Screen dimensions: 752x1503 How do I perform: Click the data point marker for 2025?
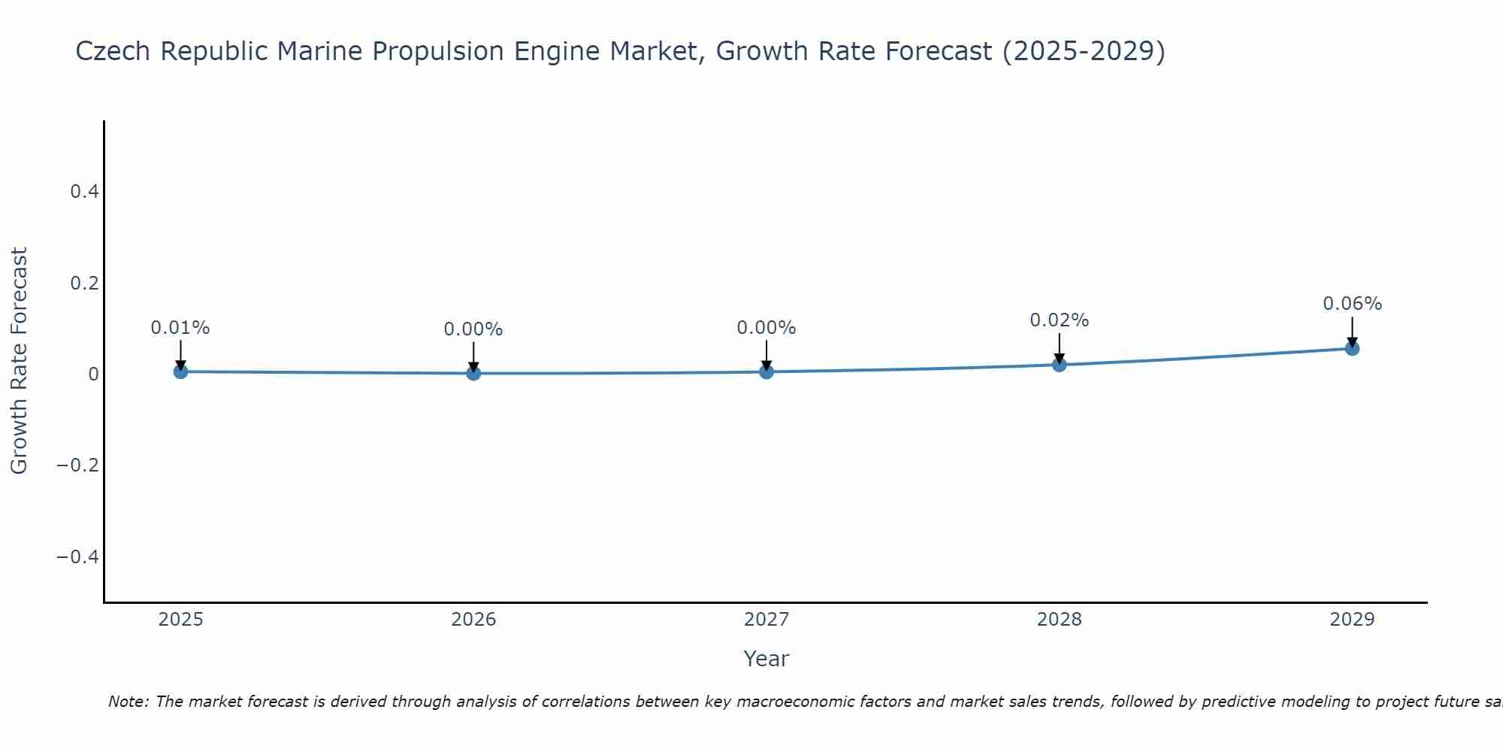point(180,371)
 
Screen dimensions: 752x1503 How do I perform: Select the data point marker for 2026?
point(473,373)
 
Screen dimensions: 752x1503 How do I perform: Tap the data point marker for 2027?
point(767,371)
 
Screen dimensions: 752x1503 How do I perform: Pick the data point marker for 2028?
point(1059,365)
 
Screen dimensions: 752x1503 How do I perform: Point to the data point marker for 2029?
point(1352,348)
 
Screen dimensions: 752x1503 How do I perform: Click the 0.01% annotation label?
point(180,328)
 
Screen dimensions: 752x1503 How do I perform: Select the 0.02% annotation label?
point(1059,320)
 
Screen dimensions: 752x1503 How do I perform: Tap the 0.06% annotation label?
point(1352,304)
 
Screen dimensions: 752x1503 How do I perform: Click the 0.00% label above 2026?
point(473,329)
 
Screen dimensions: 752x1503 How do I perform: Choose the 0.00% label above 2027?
point(767,328)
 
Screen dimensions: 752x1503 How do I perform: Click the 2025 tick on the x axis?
point(180,620)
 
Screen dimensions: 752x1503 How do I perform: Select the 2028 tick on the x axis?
point(1059,620)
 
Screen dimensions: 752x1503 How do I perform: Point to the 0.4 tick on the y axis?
point(84,192)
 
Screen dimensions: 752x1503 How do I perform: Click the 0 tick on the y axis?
point(93,374)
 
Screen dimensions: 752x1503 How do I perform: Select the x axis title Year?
point(766,659)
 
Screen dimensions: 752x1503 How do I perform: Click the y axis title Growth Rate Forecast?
point(20,361)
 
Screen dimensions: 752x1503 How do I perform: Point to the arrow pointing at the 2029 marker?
point(1352,331)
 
